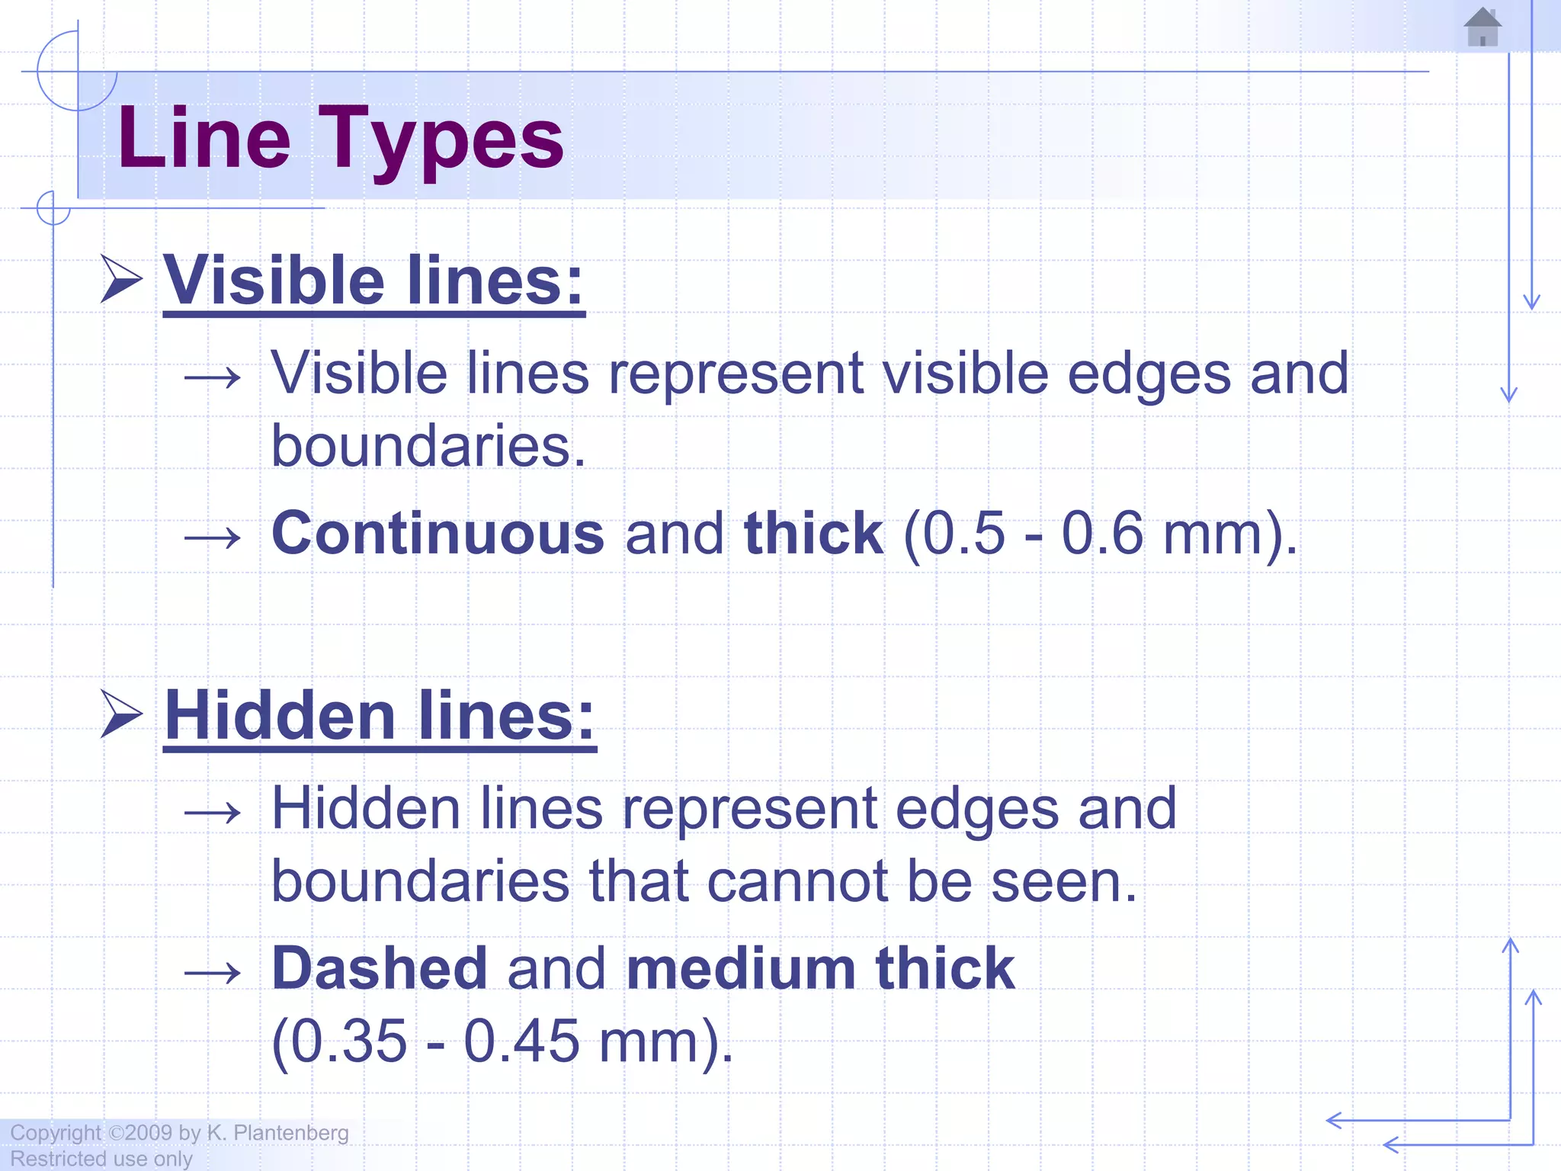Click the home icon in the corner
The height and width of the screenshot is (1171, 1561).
[x=1482, y=27]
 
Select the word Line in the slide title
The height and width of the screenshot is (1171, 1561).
[x=204, y=140]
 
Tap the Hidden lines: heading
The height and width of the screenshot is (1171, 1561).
[x=379, y=716]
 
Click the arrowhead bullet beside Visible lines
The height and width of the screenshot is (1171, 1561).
[x=121, y=280]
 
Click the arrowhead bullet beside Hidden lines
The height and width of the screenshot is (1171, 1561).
[x=121, y=714]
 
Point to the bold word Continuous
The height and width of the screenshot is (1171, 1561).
[x=438, y=533]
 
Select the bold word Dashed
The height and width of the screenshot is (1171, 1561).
[x=380, y=968]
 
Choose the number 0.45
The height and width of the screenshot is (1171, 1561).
[x=522, y=1041]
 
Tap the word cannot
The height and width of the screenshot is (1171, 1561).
[x=797, y=881]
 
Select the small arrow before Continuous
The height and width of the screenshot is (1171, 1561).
[x=213, y=537]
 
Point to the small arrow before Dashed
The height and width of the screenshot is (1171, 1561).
[x=213, y=973]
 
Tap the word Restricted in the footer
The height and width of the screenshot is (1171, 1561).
[x=58, y=1159]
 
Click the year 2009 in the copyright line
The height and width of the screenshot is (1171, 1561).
[x=149, y=1133]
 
